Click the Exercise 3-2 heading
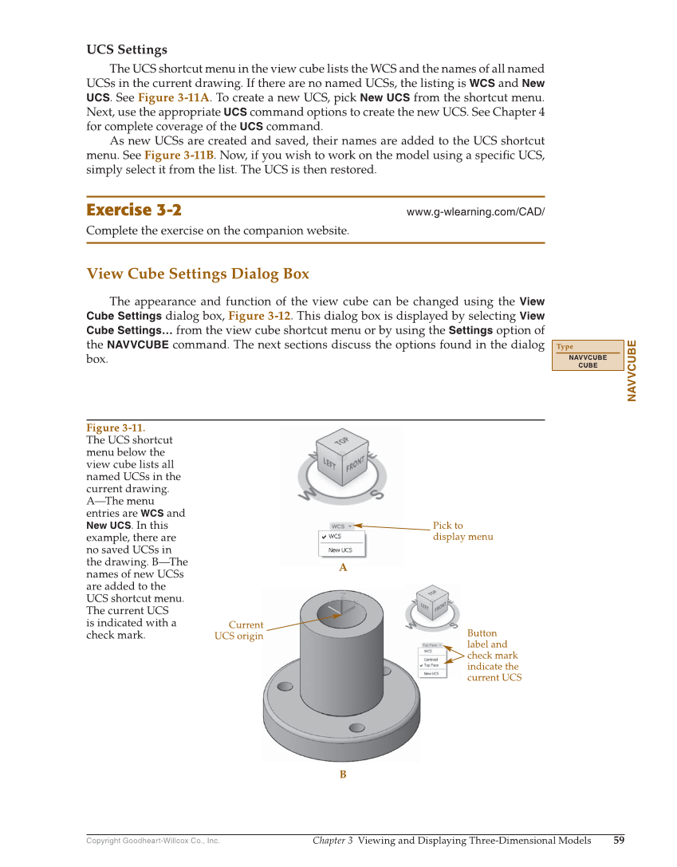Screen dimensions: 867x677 134,211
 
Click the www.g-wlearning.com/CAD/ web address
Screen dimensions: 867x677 475,212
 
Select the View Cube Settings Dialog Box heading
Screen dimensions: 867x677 198,274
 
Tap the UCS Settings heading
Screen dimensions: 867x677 127,49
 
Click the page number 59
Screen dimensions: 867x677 619,840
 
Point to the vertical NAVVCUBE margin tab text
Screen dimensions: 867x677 632,370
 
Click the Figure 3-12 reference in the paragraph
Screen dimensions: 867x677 259,316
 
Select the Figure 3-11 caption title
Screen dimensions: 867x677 116,428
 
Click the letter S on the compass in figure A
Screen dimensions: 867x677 376,495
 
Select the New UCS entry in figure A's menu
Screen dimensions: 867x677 340,550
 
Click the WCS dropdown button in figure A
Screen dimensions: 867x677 341,526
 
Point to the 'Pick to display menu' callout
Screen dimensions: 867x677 462,531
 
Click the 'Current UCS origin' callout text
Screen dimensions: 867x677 238,630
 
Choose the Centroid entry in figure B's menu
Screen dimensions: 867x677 431,660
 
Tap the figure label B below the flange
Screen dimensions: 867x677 343,774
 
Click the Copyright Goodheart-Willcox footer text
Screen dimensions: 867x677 153,841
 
